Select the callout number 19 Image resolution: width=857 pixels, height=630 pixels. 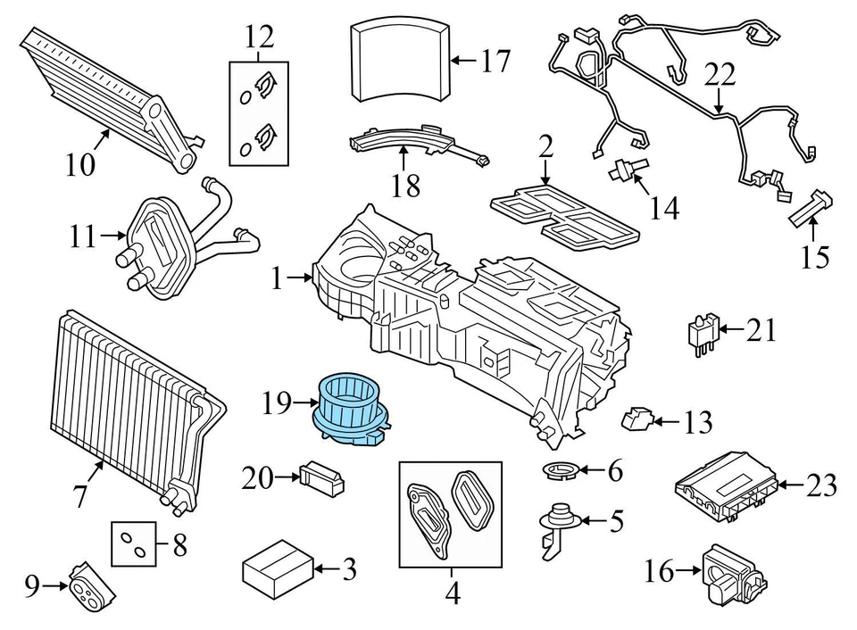pyautogui.click(x=278, y=404)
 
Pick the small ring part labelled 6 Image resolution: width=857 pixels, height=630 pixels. pyautogui.click(x=561, y=469)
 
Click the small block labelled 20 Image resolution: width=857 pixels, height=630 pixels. pyautogui.click(x=321, y=477)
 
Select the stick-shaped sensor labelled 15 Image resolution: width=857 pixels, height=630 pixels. pyautogui.click(x=809, y=209)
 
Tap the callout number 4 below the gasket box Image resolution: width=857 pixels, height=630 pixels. pyautogui.click(x=452, y=592)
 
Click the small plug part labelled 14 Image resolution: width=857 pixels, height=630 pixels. pyautogui.click(x=626, y=171)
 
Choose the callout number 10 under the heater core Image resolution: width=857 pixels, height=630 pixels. pyautogui.click(x=81, y=165)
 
